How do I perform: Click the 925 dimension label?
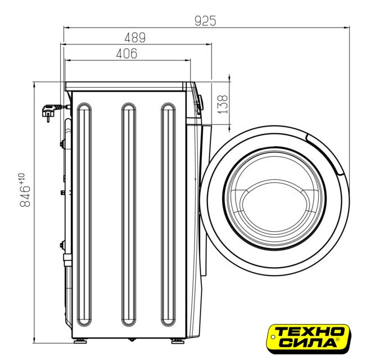[205, 21]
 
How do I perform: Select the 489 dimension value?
[135, 38]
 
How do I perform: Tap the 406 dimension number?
[127, 53]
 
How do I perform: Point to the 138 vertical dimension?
[222, 104]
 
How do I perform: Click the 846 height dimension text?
[25, 196]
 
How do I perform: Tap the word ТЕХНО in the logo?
[310, 331]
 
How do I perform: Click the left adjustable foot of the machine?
[80, 341]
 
